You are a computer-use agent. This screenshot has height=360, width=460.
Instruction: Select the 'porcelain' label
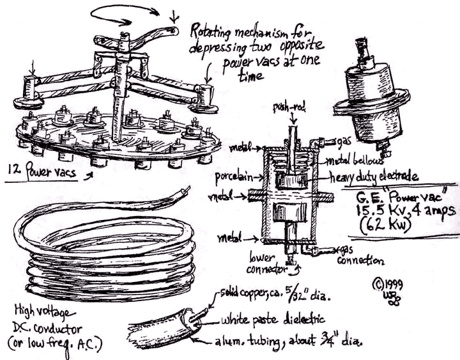coord(233,175)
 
